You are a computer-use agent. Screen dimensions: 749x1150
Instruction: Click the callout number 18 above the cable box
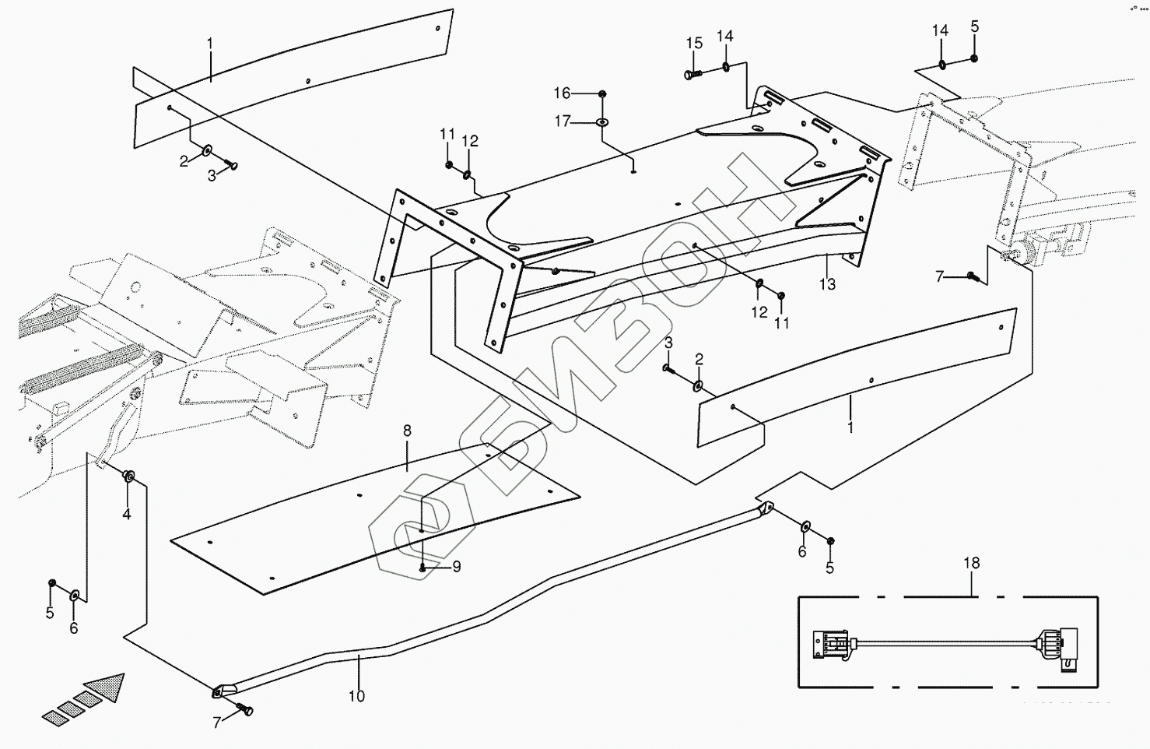click(x=971, y=563)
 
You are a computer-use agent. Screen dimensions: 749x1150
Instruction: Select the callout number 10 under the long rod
click(x=356, y=696)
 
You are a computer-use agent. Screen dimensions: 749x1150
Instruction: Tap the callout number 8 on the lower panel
click(x=407, y=431)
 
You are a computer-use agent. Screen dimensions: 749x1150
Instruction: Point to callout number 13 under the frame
click(x=827, y=284)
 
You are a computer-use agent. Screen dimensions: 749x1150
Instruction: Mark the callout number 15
click(x=694, y=43)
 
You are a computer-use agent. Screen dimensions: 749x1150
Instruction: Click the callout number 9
click(x=456, y=567)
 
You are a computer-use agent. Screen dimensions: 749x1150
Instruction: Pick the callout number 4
click(x=126, y=514)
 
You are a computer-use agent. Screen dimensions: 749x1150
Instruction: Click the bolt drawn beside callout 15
click(x=692, y=74)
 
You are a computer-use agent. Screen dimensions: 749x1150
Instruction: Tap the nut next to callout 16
click(x=603, y=94)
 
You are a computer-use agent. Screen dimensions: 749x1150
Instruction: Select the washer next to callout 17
click(x=603, y=122)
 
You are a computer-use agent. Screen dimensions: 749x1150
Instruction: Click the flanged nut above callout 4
click(x=129, y=475)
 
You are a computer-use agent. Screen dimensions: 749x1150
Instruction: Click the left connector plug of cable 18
click(x=831, y=644)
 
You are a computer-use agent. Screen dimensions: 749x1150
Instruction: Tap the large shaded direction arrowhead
click(x=107, y=685)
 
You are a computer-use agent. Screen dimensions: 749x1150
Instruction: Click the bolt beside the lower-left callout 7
click(x=246, y=709)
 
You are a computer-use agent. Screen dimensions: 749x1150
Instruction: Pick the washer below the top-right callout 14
click(x=942, y=64)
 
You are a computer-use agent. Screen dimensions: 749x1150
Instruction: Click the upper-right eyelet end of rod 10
click(x=766, y=509)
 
